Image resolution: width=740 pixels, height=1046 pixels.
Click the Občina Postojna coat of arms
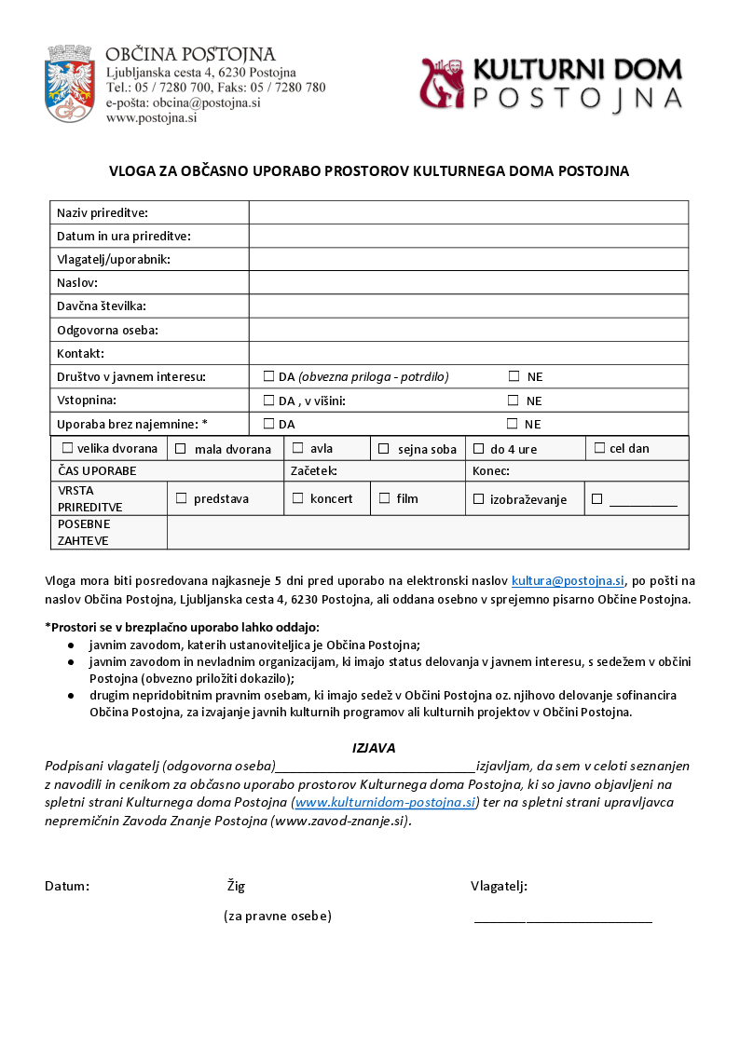point(70,83)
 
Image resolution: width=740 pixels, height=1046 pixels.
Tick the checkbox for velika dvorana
point(67,448)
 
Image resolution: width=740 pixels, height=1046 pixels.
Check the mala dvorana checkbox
point(181,449)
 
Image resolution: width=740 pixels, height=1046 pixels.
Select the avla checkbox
point(297,448)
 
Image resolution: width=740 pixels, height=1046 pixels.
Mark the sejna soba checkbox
point(383,449)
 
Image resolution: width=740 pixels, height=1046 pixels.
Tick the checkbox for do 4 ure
point(479,448)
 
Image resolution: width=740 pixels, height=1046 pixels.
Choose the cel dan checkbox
point(599,448)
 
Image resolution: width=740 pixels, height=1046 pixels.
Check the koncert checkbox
point(297,498)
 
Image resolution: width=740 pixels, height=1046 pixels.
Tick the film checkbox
point(384,498)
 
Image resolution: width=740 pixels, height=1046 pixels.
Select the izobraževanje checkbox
point(479,499)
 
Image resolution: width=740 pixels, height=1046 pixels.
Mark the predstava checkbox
point(181,498)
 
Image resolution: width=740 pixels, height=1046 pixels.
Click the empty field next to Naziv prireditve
point(468,212)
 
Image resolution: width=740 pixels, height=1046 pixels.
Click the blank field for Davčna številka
point(468,306)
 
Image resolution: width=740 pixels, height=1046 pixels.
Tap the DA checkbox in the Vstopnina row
point(268,401)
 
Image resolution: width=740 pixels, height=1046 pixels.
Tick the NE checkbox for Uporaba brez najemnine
point(513,424)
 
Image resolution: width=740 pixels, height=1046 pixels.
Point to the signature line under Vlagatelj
point(563,920)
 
